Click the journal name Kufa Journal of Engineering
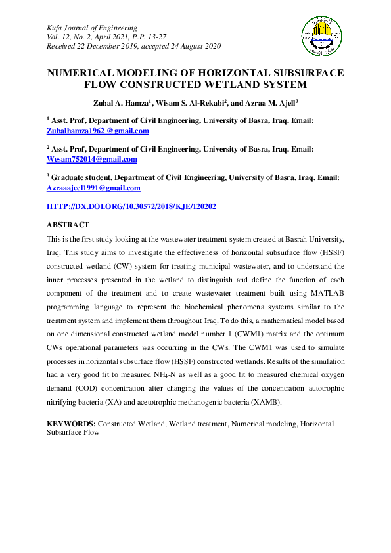pyautogui.click(x=92, y=28)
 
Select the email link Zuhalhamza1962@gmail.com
pyautogui.click(x=98, y=131)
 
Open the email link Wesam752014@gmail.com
pyautogui.click(x=92, y=160)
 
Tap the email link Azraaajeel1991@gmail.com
pyautogui.click(x=93, y=188)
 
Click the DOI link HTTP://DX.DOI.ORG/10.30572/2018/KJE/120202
pyautogui.click(x=131, y=206)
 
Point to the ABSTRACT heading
pyautogui.click(x=68, y=225)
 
